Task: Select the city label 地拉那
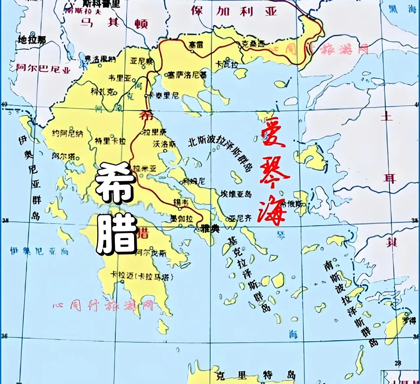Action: [x=32, y=40]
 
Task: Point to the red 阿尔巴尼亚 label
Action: [x=43, y=68]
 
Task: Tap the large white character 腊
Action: [x=116, y=234]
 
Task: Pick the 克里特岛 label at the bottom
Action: [x=256, y=375]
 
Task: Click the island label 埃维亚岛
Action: [x=236, y=194]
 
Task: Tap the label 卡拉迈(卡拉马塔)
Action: [x=141, y=276]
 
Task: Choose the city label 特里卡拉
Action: [x=110, y=141]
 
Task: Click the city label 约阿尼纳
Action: [x=68, y=133]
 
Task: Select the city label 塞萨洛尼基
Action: [x=187, y=75]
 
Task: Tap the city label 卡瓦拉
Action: [x=227, y=64]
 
